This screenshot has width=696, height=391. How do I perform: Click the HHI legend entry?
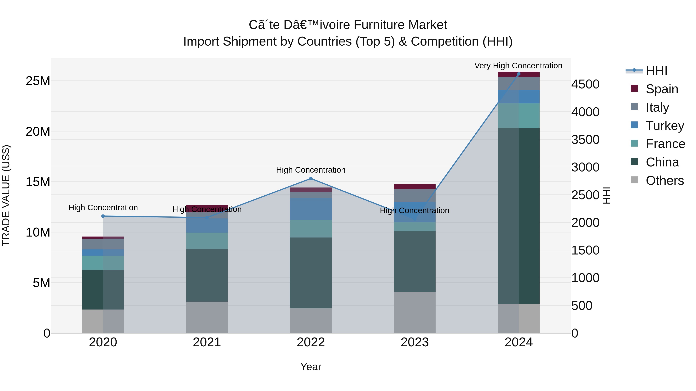tap(656, 71)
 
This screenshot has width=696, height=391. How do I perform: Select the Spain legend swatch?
tap(634, 88)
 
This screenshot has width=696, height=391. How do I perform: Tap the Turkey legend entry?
tap(665, 126)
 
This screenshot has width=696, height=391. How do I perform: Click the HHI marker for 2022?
tap(311, 179)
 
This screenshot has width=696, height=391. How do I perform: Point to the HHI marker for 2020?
tap(103, 216)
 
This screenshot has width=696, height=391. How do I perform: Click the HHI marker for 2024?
tap(519, 74)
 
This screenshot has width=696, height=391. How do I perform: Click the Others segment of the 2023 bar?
tap(415, 312)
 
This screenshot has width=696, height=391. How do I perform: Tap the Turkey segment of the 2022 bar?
tap(311, 209)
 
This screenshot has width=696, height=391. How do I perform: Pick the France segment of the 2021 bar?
tap(207, 241)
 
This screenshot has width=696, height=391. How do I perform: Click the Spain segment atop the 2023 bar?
tap(415, 187)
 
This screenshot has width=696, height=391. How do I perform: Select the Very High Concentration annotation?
tap(518, 66)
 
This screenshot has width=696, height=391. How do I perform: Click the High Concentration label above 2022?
tap(311, 170)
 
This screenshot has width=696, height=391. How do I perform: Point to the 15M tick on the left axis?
tap(38, 182)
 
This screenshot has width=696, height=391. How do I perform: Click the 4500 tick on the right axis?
tap(585, 84)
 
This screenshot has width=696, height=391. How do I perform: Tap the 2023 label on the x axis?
tap(415, 342)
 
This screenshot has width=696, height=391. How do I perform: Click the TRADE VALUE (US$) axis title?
tap(6, 195)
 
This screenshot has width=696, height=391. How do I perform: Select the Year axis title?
tap(311, 367)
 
